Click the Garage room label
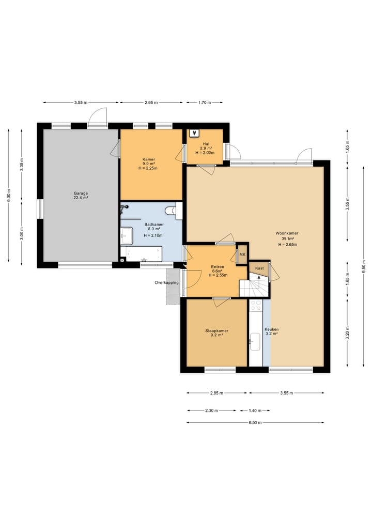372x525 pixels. [x=81, y=193]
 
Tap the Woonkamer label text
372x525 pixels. [x=287, y=233]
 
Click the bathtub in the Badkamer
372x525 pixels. [x=141, y=254]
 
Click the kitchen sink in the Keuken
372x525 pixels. [x=255, y=342]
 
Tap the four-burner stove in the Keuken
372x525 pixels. [x=256, y=305]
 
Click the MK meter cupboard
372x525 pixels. [x=242, y=254]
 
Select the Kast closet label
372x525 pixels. [x=259, y=268]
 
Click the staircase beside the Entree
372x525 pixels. [x=254, y=285]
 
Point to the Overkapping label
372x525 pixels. [x=166, y=282]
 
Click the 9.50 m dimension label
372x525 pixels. [x=364, y=267]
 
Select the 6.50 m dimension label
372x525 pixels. [x=255, y=423]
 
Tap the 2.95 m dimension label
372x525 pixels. [x=151, y=102]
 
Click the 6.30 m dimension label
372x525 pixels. [x=9, y=195]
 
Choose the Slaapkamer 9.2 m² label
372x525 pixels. [x=217, y=333]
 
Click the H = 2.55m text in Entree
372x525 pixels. [x=218, y=275]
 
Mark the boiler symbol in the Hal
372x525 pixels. [x=194, y=134]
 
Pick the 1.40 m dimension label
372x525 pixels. [x=255, y=410]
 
